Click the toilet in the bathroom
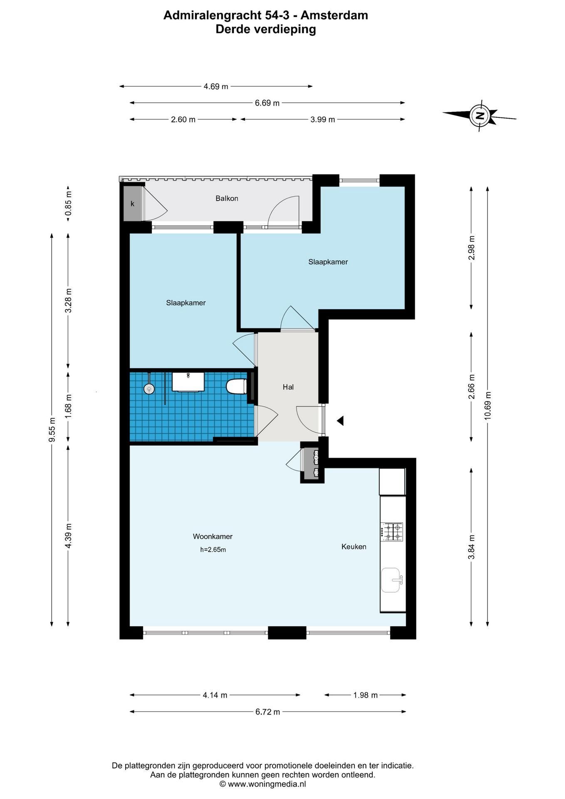coord(236,386)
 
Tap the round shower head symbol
coord(149,389)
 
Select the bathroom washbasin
coord(188,382)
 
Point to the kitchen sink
coord(391,580)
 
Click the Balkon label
coord(227,199)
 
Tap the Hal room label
coord(288,387)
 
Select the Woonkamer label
coord(213,536)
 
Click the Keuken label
coord(354,546)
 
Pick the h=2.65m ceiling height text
coord(213,549)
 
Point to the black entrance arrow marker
coord(340,421)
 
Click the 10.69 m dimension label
coord(488,406)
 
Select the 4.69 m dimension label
coord(216,87)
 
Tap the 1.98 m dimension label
coord(365,695)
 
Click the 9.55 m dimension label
coord(52,429)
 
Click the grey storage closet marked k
coord(133,203)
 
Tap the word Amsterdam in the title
coord(334,15)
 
